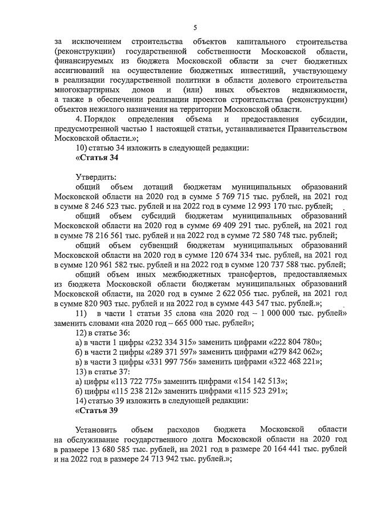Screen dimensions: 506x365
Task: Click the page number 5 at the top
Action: click(x=195, y=27)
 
